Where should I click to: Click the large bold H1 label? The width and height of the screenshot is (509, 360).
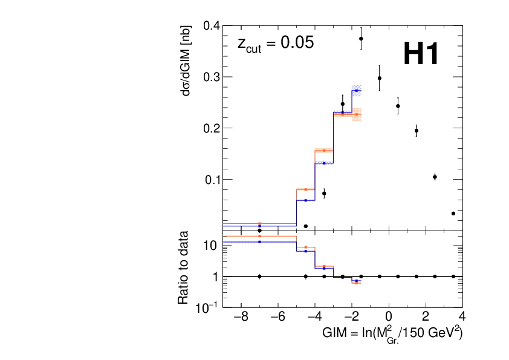pos(421,54)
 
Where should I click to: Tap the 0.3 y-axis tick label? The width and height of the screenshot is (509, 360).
pos(212,77)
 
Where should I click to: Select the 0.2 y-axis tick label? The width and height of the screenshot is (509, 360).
pos(212,128)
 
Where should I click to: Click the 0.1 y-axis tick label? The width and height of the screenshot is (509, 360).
pos(213,180)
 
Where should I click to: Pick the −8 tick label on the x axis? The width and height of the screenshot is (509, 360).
pos(241,316)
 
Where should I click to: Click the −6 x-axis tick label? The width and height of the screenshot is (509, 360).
pos(278,316)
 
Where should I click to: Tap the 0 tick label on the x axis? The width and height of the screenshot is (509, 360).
pos(389,316)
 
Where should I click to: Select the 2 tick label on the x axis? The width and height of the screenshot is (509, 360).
pos(426,316)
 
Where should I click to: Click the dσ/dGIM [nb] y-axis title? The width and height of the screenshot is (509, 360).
pos(186,61)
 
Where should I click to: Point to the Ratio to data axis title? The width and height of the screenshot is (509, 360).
pos(183,267)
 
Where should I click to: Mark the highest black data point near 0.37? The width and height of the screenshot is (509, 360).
pos(361,39)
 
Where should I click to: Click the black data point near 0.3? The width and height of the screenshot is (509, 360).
pos(380,78)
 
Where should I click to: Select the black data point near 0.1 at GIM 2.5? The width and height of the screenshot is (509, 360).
pos(435,177)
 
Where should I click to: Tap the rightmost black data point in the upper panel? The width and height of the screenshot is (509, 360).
pos(453,214)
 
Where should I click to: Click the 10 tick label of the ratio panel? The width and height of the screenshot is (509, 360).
pos(210,246)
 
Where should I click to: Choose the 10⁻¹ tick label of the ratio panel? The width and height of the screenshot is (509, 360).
pos(207,307)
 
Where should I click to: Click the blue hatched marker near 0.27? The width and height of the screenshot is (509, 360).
pos(357,90)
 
